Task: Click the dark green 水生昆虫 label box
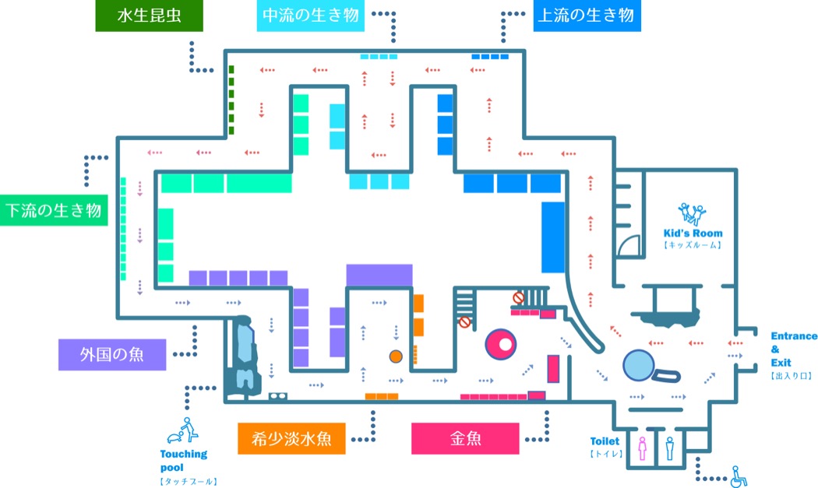click(150, 16)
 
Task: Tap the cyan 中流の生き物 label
click(310, 16)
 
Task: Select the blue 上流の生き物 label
click(587, 16)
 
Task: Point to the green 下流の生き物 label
click(54, 210)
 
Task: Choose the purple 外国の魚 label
click(112, 355)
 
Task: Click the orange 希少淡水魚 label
click(291, 438)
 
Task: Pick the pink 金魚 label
click(465, 438)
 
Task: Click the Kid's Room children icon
click(693, 214)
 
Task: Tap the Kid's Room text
click(693, 233)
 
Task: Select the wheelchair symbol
click(739, 476)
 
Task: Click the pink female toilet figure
click(642, 448)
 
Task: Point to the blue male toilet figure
click(670, 448)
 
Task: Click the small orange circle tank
click(396, 356)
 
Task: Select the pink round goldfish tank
click(501, 344)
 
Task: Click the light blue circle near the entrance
click(639, 365)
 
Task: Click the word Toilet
click(605, 441)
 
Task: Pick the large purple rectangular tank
click(379, 276)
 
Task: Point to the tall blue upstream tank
click(553, 237)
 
